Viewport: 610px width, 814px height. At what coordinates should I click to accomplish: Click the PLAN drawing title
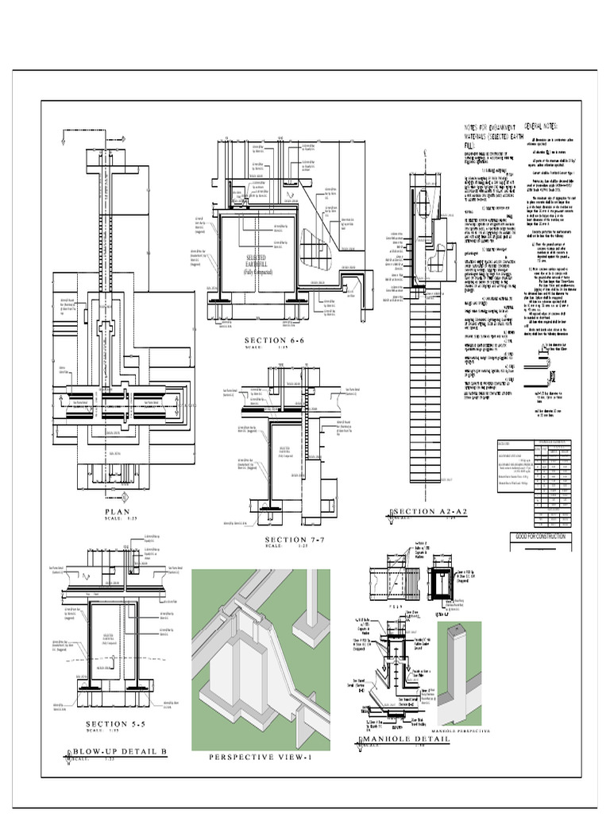[116, 512]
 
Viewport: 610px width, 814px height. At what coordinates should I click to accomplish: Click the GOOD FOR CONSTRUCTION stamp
[539, 537]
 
